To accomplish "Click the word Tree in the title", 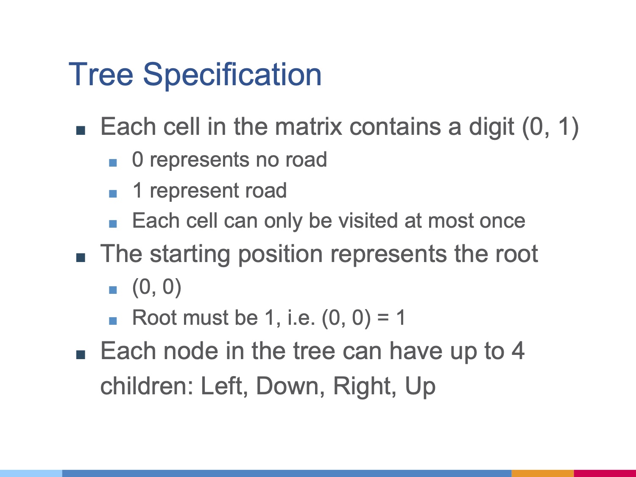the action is click(101, 74).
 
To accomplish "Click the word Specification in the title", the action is click(232, 76).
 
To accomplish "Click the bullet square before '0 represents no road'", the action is click(113, 162).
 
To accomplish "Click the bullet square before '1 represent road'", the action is click(113, 193).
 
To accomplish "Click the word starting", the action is click(190, 254).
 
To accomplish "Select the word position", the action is click(281, 254).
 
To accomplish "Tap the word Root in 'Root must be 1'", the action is click(154, 318).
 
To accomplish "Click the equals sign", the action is click(383, 318).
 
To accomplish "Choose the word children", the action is click(147, 386).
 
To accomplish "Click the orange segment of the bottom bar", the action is click(543, 473).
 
